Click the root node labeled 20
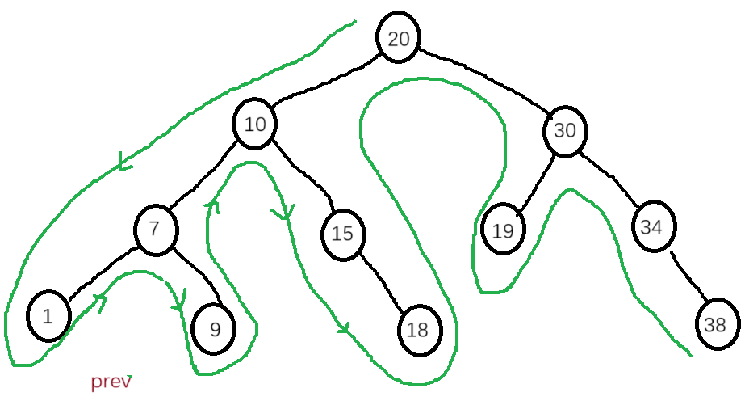coord(398,39)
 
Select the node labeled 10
coord(255,125)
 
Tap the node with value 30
coord(566,130)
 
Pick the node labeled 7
coord(156,229)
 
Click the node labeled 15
coord(342,234)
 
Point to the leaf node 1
coord(48,316)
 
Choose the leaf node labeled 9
coord(214,329)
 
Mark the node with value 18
coord(418,329)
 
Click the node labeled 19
coord(503,230)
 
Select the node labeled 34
coord(651,227)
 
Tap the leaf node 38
coord(716,324)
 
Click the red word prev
coord(111,382)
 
